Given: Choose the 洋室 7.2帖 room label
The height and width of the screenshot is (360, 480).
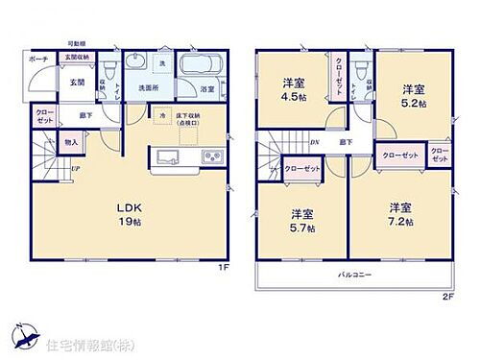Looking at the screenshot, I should pyautogui.click(x=401, y=213).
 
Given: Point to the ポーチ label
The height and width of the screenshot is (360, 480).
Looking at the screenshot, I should pyautogui.click(x=38, y=60).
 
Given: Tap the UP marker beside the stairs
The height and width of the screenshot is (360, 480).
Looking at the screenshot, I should pyautogui.click(x=73, y=171).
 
